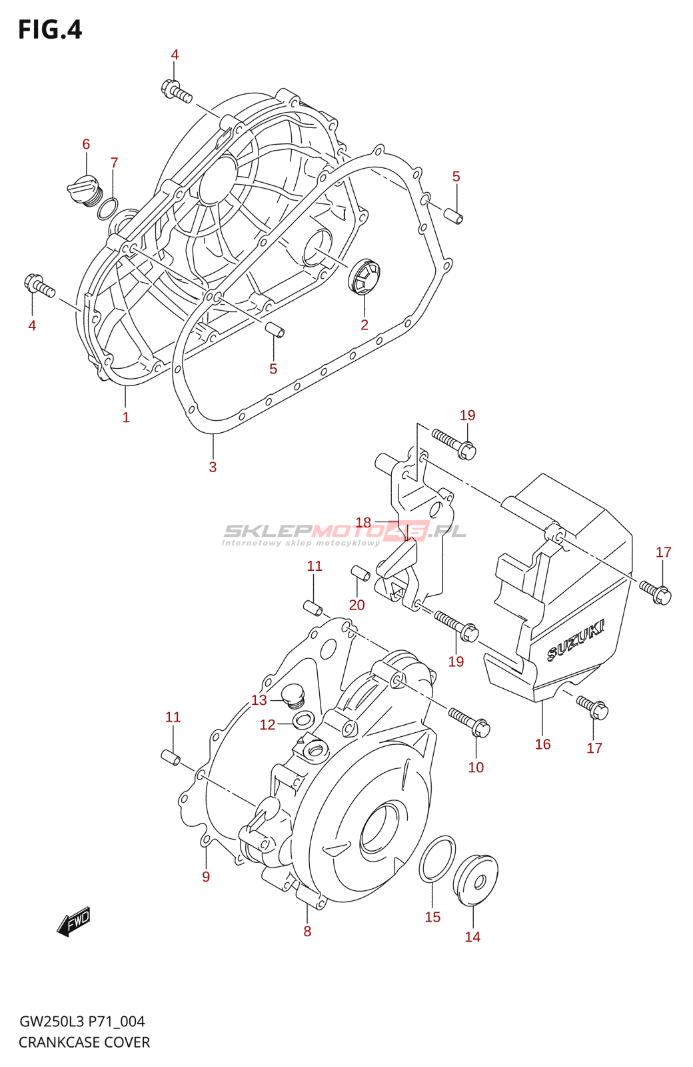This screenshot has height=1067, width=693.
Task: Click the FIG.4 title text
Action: pyautogui.click(x=50, y=30)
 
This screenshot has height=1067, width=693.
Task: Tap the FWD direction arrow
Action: pyautogui.click(x=74, y=922)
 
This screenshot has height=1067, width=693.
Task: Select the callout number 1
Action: pyautogui.click(x=126, y=417)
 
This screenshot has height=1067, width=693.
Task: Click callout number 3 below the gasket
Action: pyautogui.click(x=213, y=467)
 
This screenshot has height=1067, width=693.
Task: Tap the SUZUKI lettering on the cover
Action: pyautogui.click(x=576, y=641)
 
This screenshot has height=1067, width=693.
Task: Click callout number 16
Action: pyautogui.click(x=542, y=744)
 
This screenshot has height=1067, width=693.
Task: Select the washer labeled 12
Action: pyautogui.click(x=304, y=720)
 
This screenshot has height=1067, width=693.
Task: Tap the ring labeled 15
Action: pyautogui.click(x=437, y=858)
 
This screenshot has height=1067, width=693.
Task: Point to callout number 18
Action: pyautogui.click(x=363, y=522)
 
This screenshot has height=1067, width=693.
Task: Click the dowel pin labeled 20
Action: pyautogui.click(x=360, y=573)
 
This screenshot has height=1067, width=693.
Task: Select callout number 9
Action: pyautogui.click(x=206, y=877)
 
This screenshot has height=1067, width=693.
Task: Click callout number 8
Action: pyautogui.click(x=307, y=931)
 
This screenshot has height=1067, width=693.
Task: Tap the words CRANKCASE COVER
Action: pyautogui.click(x=85, y=1042)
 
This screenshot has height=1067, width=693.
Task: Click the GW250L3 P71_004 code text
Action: pyautogui.click(x=82, y=1022)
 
